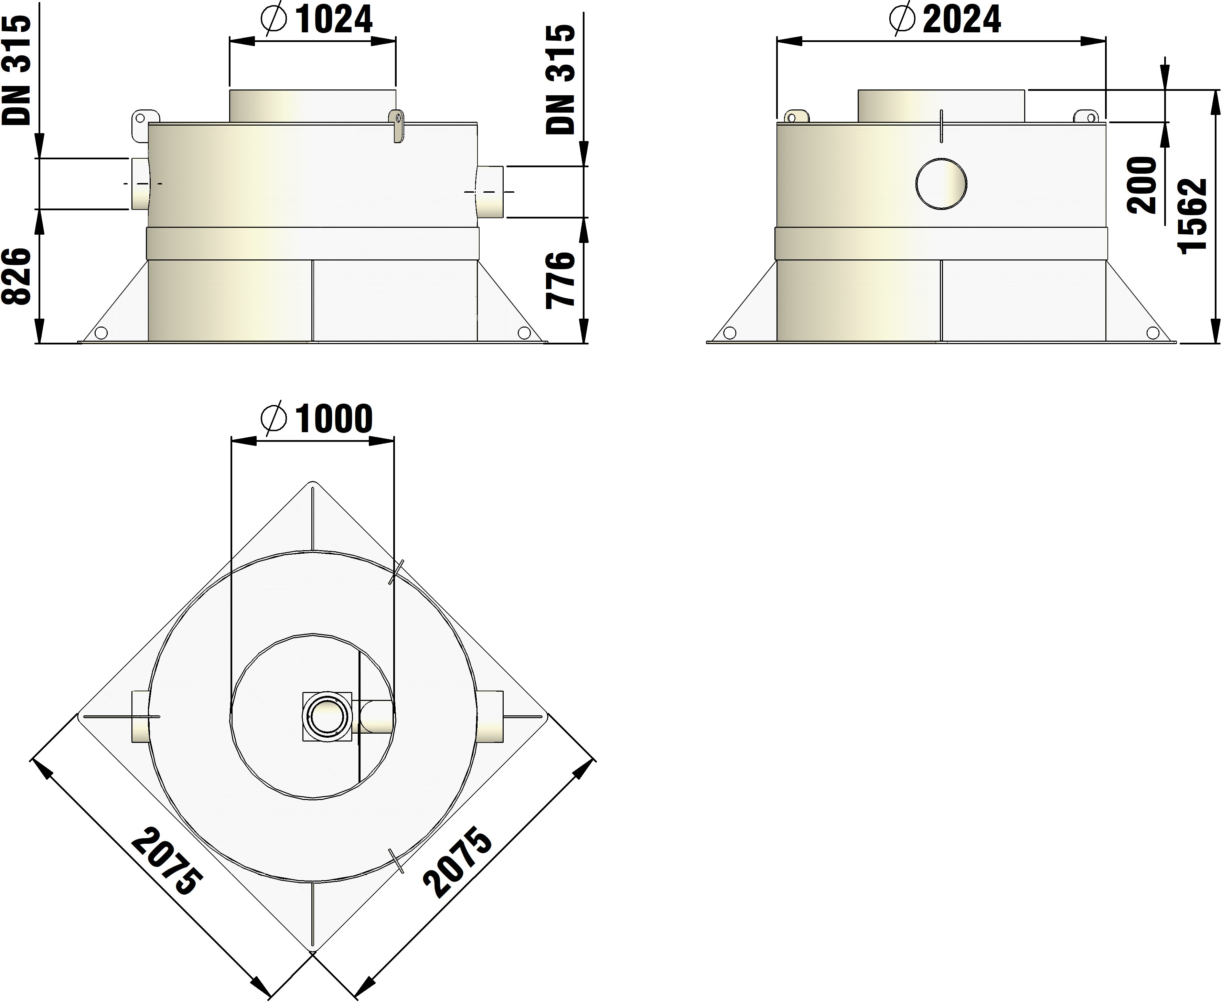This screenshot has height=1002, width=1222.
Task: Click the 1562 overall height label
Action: tap(1192, 216)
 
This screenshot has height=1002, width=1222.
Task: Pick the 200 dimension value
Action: tap(1143, 185)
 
